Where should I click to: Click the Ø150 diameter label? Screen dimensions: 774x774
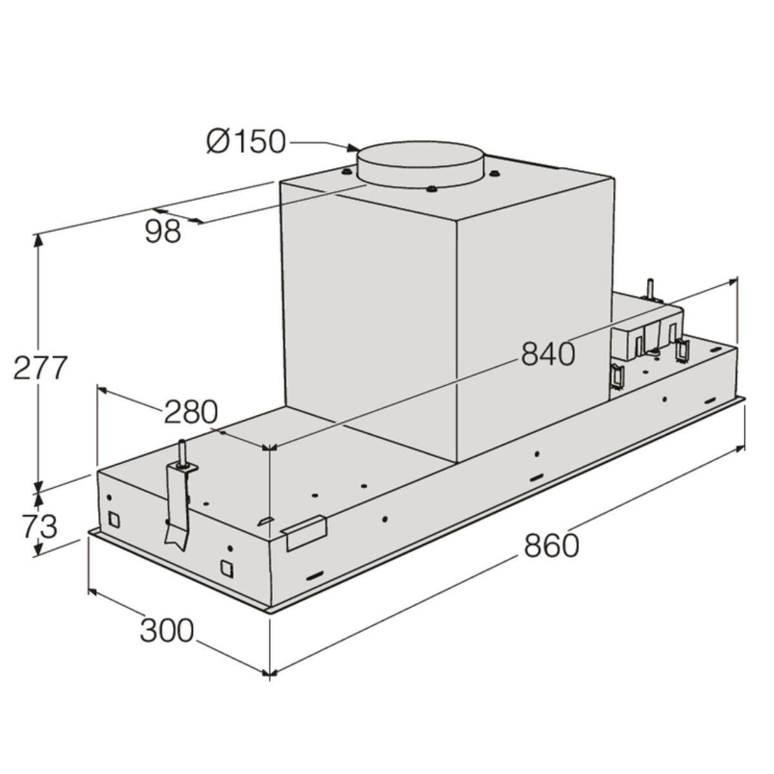[245, 141]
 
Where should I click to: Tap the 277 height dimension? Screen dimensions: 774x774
[40, 368]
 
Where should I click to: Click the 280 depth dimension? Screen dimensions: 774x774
[191, 412]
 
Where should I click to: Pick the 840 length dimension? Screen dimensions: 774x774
[547, 353]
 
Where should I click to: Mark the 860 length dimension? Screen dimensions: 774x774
[551, 546]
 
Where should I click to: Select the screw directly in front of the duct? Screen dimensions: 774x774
[430, 189]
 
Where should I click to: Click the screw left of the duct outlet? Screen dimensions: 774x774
[347, 172]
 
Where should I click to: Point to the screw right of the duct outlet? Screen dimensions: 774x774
[495, 172]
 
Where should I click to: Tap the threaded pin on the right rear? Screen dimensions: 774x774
[651, 289]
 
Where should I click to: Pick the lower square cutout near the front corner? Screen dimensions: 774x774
[227, 568]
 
